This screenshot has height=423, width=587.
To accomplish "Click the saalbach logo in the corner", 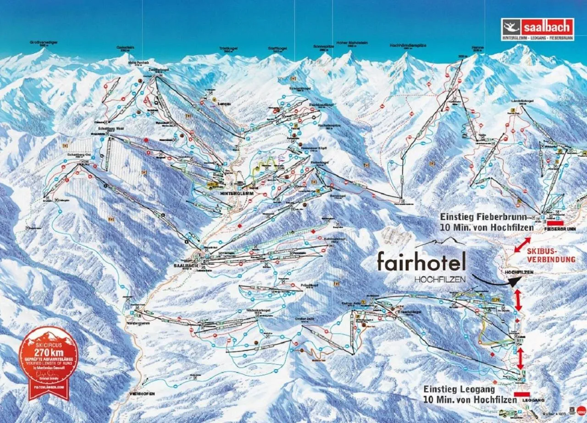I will (537, 29).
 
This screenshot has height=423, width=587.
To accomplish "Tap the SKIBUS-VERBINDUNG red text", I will (550, 256).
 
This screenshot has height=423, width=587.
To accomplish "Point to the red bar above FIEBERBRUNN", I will (554, 222).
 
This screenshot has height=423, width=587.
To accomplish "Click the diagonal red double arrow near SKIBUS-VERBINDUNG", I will (522, 244).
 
